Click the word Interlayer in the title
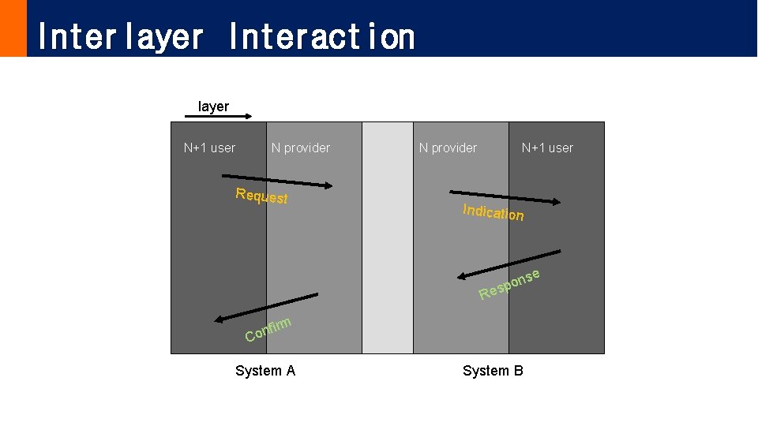pos(120,36)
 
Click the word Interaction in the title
pos(321,36)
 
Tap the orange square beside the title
pos(13,28)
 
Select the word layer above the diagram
pos(213,106)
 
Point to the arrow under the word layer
pos(218,118)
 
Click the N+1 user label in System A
pos(209,148)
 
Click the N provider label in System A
pos(301,148)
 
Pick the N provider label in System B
pos(448,148)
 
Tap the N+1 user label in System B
pos(547,148)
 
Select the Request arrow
pos(277,181)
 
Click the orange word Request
pos(261,196)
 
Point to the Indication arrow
pos(505,197)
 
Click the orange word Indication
pos(493,212)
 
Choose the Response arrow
pos(509,264)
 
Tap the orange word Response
pos(509,285)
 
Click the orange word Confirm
pos(268,330)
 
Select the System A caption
pos(265,371)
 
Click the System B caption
pos(493,371)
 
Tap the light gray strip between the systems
pos(388,237)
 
